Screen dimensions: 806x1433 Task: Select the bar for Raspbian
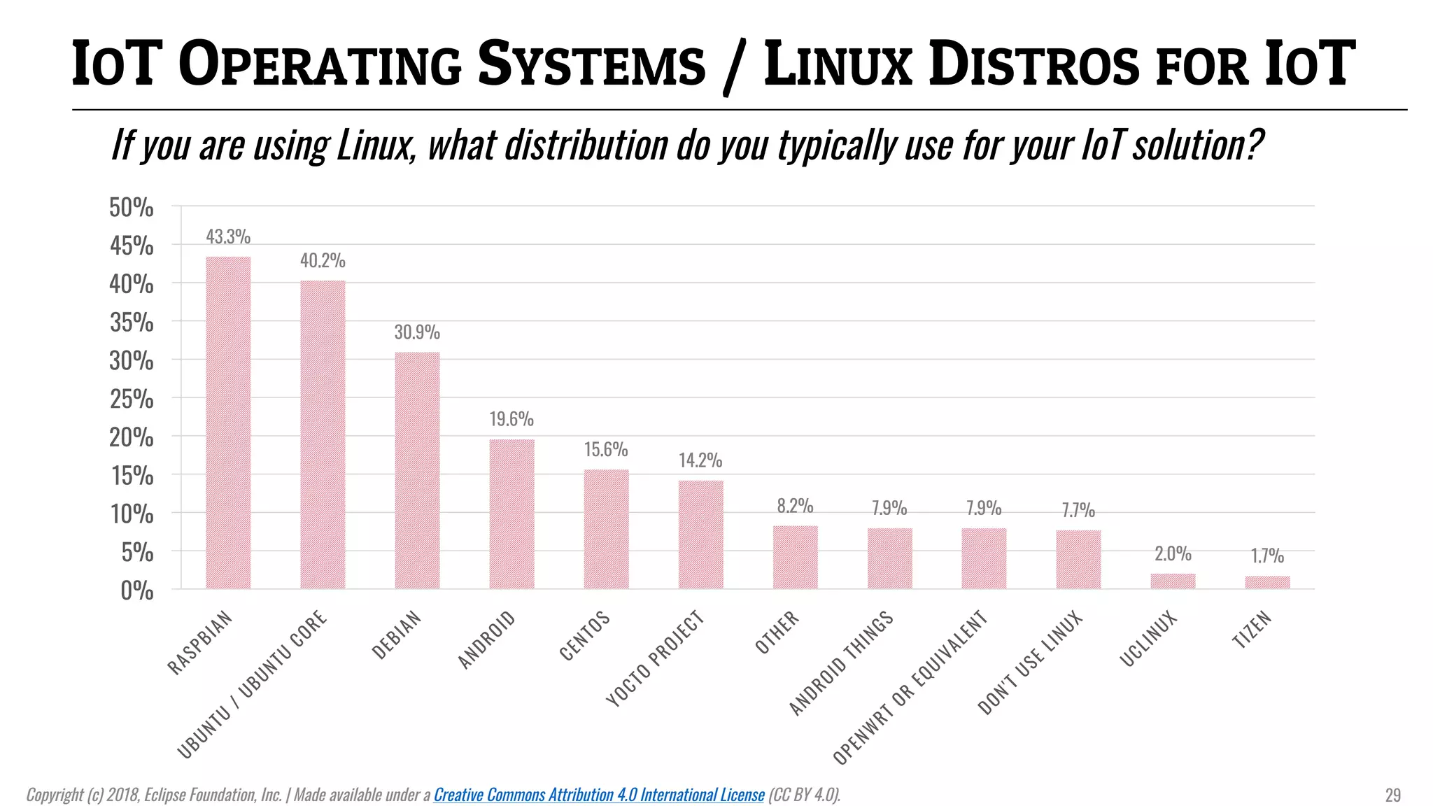(228, 423)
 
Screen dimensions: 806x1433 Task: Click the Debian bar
(417, 470)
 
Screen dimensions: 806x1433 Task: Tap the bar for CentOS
(606, 529)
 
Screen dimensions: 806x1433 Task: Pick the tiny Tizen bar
(1267, 582)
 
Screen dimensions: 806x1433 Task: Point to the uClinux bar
(1173, 581)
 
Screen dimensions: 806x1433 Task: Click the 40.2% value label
(323, 261)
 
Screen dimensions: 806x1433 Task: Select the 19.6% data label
(511, 419)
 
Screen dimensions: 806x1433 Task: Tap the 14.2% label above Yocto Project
(700, 460)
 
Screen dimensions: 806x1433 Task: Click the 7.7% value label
(1078, 510)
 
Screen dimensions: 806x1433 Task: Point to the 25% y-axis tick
(132, 400)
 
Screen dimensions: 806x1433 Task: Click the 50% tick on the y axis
(132, 208)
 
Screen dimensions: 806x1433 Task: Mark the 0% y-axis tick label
(136, 591)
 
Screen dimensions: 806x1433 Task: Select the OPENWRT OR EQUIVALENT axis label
(910, 687)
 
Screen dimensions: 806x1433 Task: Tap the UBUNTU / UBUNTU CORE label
(252, 684)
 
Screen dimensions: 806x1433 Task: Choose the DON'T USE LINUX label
(1029, 663)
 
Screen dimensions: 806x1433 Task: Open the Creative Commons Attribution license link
(599, 795)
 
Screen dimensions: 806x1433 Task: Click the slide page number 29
(1392, 796)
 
